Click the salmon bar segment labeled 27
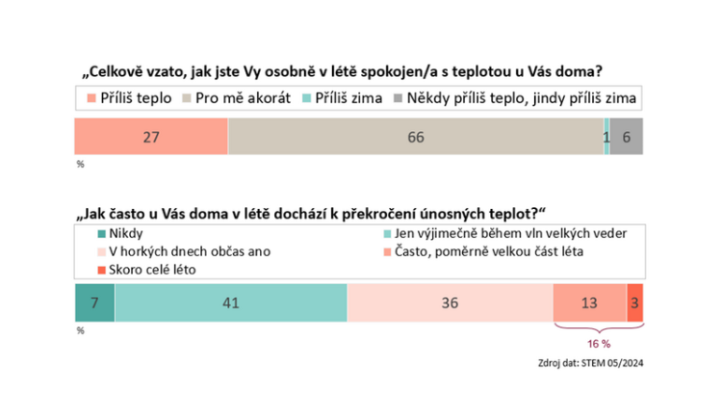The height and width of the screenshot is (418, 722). (151, 137)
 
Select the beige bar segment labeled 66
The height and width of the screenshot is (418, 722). (415, 137)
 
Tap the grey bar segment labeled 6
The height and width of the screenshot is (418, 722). (627, 137)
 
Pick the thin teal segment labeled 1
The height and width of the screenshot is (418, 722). (606, 137)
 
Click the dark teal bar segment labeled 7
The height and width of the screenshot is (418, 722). (94, 303)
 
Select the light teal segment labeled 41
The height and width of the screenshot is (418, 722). (230, 303)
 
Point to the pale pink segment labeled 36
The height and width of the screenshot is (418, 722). (450, 303)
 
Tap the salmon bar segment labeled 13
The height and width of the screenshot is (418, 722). (589, 303)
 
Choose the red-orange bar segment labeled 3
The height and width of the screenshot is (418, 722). (634, 303)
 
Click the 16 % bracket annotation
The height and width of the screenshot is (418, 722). (598, 341)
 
